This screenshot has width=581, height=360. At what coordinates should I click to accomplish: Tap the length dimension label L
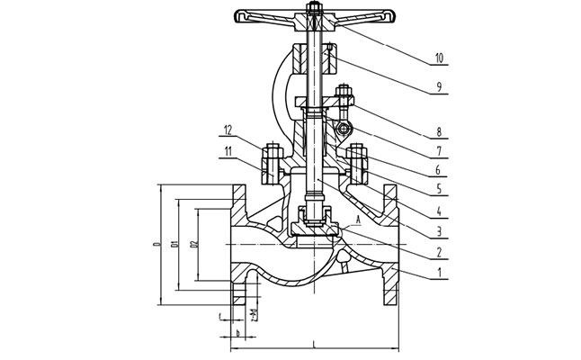pos(313,342)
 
